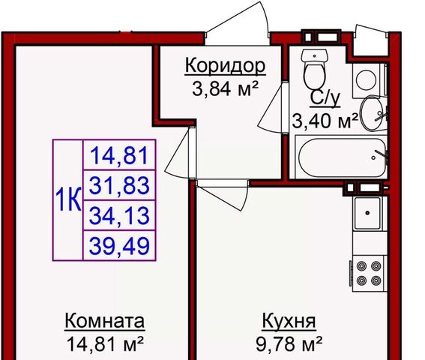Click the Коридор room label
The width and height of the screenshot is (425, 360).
(x=225, y=66)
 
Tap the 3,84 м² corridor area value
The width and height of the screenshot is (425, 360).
(x=225, y=88)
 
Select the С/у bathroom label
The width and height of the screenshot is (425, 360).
(x=325, y=98)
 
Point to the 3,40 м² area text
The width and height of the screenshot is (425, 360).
(x=325, y=121)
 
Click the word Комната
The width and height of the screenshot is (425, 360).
(x=105, y=322)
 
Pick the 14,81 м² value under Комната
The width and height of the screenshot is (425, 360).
(x=105, y=343)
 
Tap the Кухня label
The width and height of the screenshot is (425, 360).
(x=289, y=322)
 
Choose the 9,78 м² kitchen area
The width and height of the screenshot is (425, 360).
(x=289, y=343)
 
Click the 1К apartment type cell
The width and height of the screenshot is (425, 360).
(x=68, y=200)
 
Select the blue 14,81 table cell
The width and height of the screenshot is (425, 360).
(x=119, y=155)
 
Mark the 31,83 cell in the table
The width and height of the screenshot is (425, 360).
(x=119, y=185)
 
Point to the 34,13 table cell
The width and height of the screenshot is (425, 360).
(x=119, y=215)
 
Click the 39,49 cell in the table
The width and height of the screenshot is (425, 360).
(x=119, y=246)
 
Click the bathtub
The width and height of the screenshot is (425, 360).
(x=342, y=157)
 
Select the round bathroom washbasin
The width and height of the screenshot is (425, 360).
(x=373, y=112)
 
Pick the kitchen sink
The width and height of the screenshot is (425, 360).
(x=368, y=213)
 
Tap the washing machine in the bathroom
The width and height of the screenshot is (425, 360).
(x=367, y=80)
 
